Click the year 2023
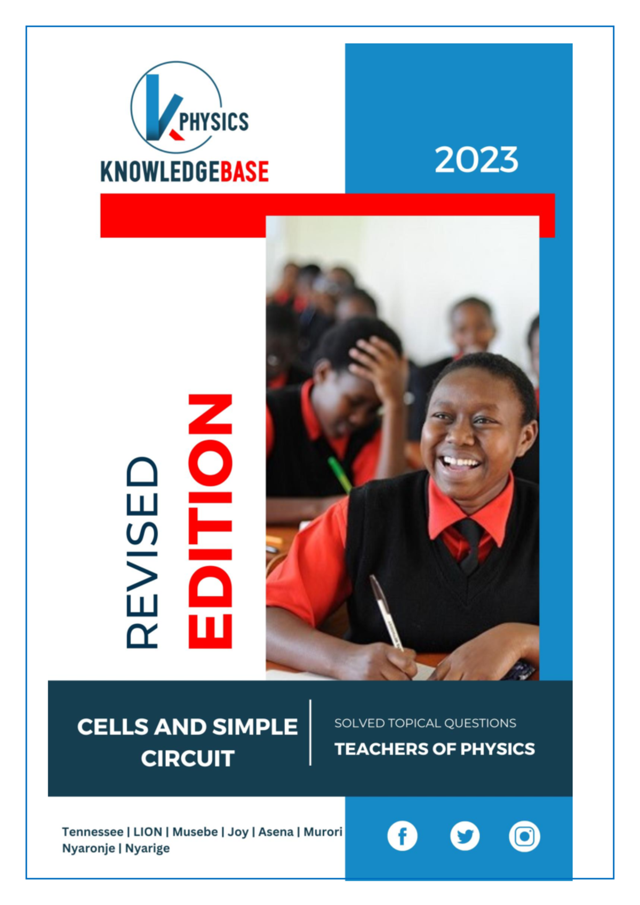[476, 160]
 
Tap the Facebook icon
[402, 836]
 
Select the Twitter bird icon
[465, 836]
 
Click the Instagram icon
[524, 836]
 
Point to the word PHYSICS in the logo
[214, 122]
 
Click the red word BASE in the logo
[245, 171]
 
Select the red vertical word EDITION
[210, 521]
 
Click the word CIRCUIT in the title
[188, 758]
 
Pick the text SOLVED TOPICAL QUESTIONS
[425, 723]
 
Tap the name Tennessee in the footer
[92, 832]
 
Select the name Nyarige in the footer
[147, 848]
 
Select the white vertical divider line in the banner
[310, 733]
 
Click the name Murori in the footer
[323, 832]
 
